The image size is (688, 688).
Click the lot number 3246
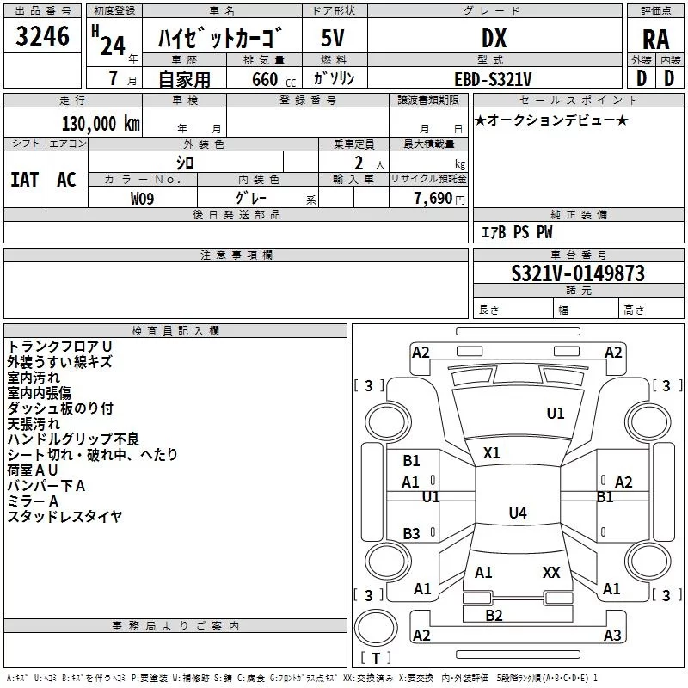pyautogui.click(x=42, y=36)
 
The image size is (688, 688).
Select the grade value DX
pyautogui.click(x=494, y=38)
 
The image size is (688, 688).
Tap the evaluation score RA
pyautogui.click(x=655, y=40)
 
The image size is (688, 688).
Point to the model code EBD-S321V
pyautogui.click(x=493, y=79)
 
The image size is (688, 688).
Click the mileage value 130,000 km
pyautogui.click(x=101, y=124)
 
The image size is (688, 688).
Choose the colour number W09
pyautogui.click(x=142, y=199)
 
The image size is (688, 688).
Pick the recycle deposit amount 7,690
pyautogui.click(x=433, y=198)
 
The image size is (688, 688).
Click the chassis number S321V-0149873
pyautogui.click(x=578, y=273)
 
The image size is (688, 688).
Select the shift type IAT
pyautogui.click(x=25, y=180)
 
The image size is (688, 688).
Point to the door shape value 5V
pyautogui.click(x=333, y=38)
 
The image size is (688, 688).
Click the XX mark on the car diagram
pyautogui.click(x=551, y=572)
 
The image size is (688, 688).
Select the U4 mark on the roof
pyautogui.click(x=518, y=513)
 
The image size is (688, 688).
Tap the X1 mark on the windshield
pyautogui.click(x=491, y=453)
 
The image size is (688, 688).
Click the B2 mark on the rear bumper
pyautogui.click(x=494, y=615)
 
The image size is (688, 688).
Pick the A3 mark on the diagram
pyautogui.click(x=612, y=635)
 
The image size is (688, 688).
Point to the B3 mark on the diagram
pyautogui.click(x=412, y=533)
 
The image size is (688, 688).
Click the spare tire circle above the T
pyautogui.click(x=376, y=628)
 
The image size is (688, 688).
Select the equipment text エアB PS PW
pyautogui.click(x=517, y=232)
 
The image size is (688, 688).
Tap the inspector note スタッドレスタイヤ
pyautogui.click(x=65, y=517)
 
